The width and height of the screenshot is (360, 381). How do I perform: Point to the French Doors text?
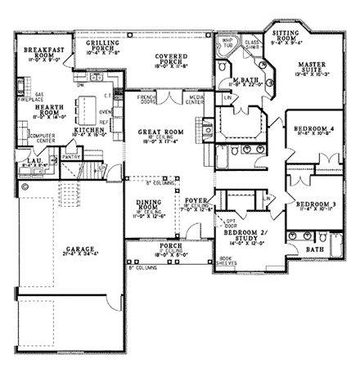tap(146, 99)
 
